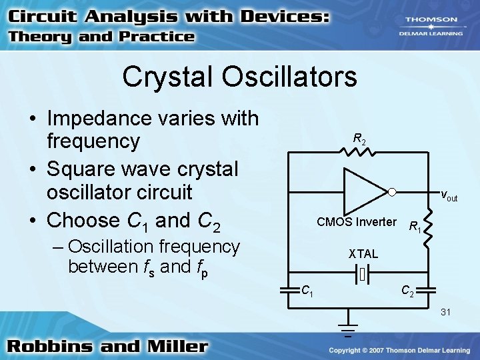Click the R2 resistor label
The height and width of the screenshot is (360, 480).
[x=359, y=139]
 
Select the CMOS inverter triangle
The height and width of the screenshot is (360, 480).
[x=363, y=192]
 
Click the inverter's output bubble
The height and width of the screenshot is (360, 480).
[x=393, y=192]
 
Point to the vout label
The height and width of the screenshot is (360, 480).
[x=449, y=196]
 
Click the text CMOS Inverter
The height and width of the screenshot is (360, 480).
[x=356, y=222]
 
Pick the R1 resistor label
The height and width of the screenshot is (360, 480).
[x=414, y=227]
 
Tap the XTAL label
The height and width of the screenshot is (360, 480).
[x=363, y=254]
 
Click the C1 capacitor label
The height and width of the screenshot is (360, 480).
[x=307, y=291]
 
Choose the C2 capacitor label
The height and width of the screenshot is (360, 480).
[x=406, y=291]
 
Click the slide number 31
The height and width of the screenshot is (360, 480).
[x=446, y=313]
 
